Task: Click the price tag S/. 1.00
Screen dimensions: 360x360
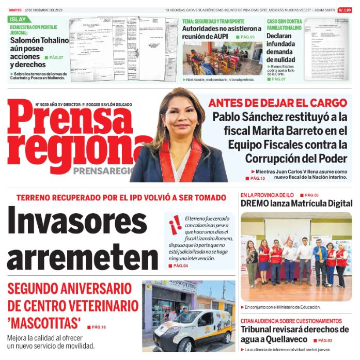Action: pyautogui.click(x=345, y=10)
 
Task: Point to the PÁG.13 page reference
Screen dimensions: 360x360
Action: pyautogui.click(x=257, y=178)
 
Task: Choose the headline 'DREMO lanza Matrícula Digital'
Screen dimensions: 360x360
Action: pyautogui.click(x=296, y=203)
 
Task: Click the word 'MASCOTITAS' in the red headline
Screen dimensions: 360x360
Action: pyautogui.click(x=44, y=324)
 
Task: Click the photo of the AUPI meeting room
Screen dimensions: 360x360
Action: pyautogui.click(x=222, y=59)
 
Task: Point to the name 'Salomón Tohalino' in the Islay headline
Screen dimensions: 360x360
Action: pyautogui.click(x=39, y=40)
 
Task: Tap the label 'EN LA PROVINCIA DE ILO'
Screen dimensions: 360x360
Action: pyautogui.click(x=267, y=195)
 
